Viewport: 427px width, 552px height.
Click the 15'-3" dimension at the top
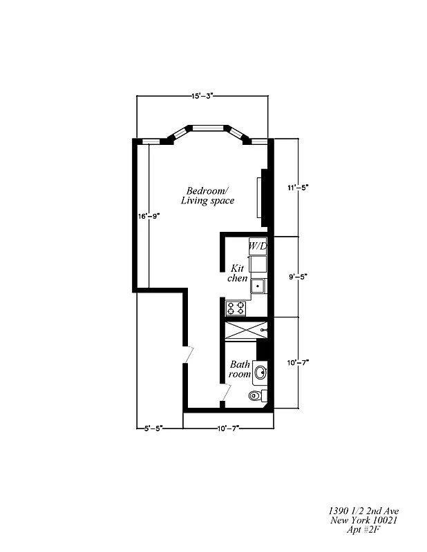point(202,97)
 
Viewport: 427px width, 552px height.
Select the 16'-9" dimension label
point(149,216)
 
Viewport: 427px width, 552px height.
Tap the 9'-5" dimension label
point(298,277)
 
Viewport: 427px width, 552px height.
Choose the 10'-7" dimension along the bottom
point(227,428)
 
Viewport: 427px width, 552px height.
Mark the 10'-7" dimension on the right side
point(298,362)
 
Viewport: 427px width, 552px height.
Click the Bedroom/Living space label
point(207,195)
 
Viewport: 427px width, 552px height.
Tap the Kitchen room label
point(238,272)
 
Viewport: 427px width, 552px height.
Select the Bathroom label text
point(240,369)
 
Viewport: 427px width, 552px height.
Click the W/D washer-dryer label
point(258,246)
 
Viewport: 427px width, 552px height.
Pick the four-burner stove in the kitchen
point(236,307)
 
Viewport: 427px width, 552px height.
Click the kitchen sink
point(258,284)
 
